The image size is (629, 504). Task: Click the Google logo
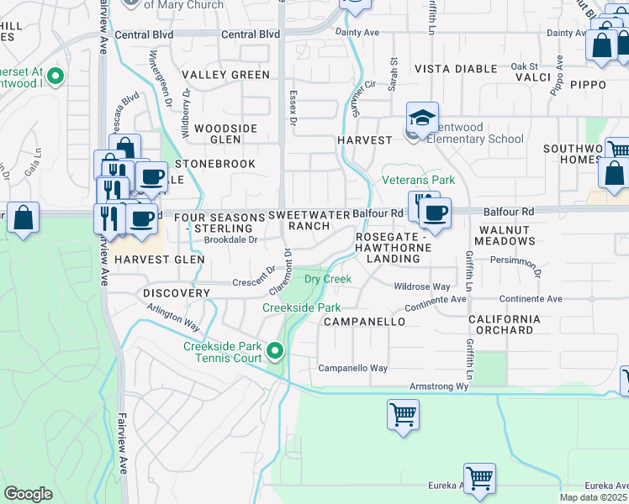pos(28,494)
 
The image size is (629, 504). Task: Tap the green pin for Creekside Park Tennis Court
pos(274,350)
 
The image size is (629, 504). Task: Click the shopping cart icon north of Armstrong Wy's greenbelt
pos(403,413)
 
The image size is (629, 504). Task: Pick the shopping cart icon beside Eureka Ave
pos(479,478)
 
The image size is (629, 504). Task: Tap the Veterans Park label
pos(418,180)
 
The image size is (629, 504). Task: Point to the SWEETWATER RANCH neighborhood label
pos(309,220)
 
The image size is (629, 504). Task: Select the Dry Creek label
pos(327,278)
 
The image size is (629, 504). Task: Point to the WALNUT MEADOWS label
pos(505,235)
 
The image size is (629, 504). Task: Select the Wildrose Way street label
pos(422,286)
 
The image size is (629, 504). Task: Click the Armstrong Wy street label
pos(437,386)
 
